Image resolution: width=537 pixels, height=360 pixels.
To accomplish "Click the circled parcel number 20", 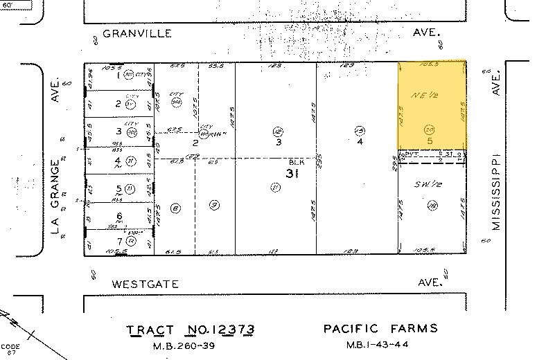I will [430, 129].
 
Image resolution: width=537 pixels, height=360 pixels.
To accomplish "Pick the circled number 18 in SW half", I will [432, 204].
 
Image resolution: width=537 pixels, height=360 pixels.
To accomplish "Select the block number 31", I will [292, 173].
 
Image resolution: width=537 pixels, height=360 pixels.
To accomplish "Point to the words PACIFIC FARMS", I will [380, 329].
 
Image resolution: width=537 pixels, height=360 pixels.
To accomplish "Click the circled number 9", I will [214, 204].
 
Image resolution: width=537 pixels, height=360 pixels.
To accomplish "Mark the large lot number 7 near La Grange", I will [118, 241].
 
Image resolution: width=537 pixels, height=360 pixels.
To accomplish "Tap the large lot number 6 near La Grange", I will [118, 215].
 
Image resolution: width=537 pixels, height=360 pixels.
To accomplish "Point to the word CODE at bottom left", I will [10, 346].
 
